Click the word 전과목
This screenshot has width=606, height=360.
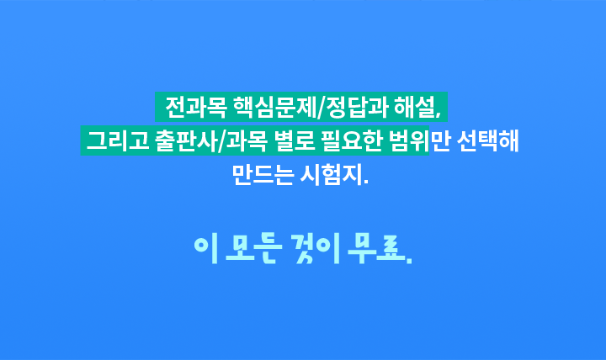(195, 107)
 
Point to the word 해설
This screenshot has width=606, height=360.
(414, 107)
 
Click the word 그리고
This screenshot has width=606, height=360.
(118, 140)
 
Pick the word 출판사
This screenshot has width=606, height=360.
(185, 140)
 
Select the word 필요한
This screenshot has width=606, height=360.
(352, 140)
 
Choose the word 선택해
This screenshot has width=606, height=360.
(487, 140)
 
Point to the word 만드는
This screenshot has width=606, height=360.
(263, 175)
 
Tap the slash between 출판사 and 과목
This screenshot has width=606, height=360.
(221, 141)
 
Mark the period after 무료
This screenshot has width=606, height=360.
(409, 261)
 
